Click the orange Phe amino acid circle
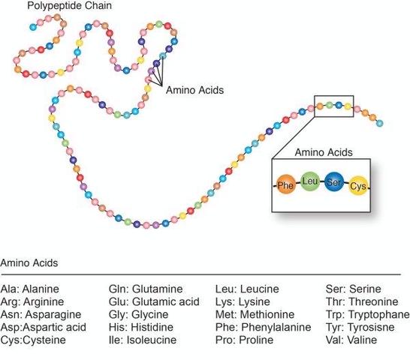tap(285, 185)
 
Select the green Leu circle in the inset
tap(310, 181)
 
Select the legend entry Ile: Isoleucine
tap(143, 340)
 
